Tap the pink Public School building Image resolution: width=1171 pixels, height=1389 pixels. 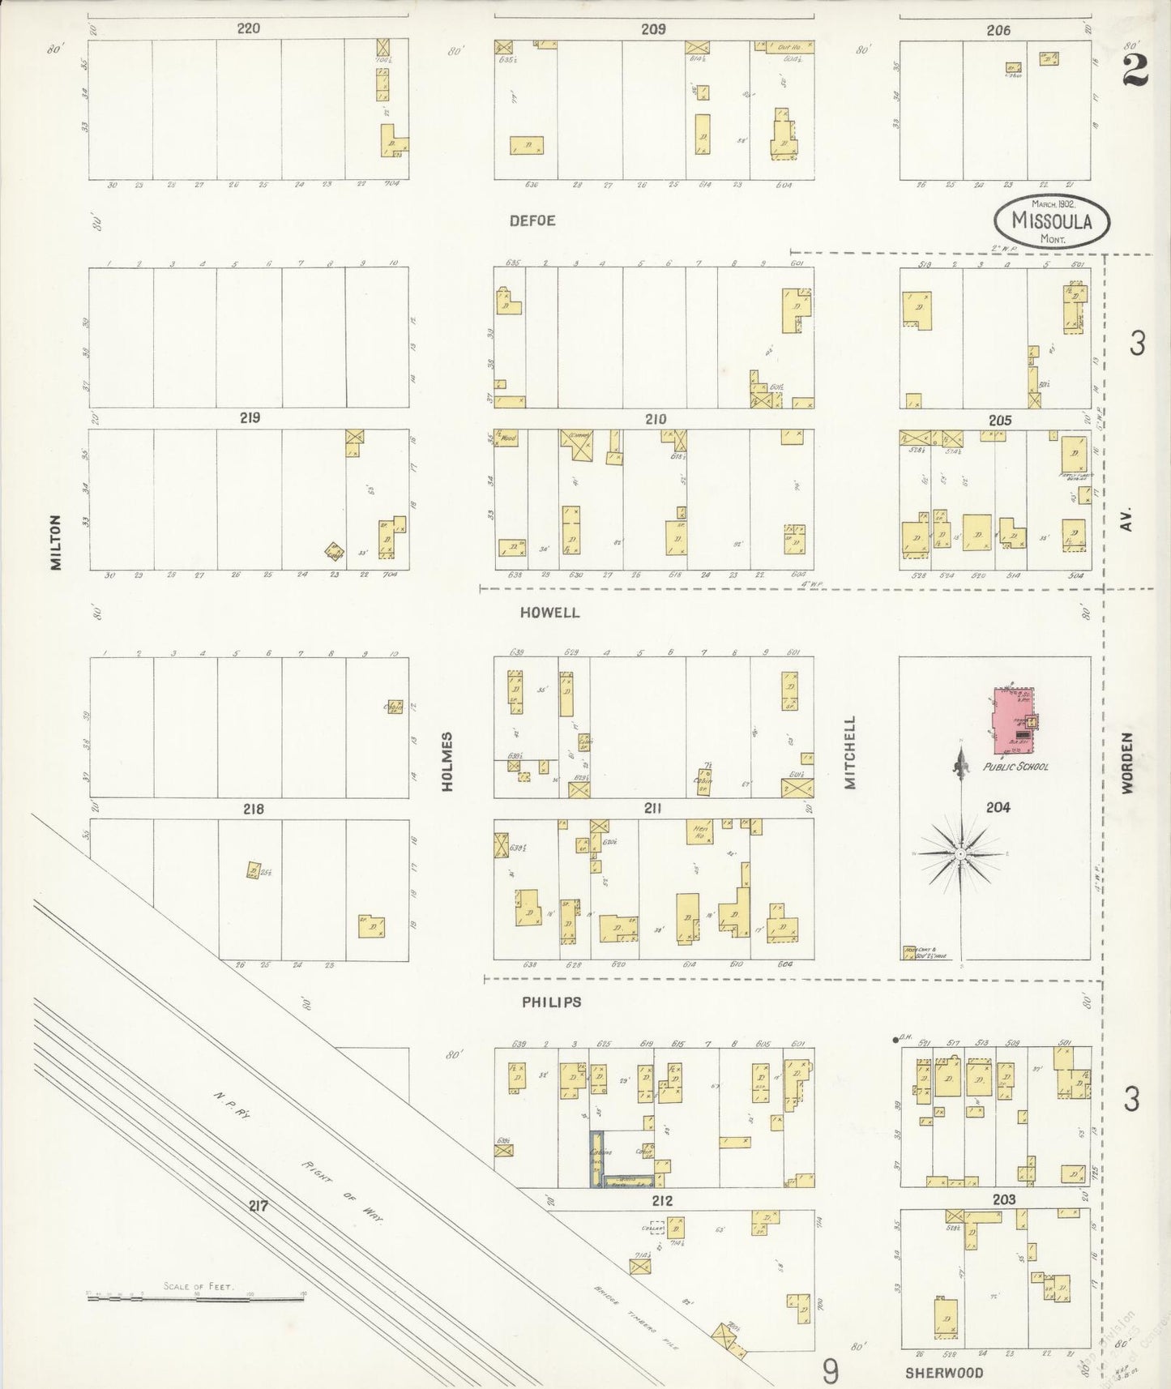[x=1012, y=721]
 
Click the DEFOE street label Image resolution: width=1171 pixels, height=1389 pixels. [x=532, y=220]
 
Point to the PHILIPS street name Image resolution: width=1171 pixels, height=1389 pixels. [x=551, y=1002]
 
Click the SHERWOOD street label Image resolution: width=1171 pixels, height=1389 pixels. [x=944, y=1372]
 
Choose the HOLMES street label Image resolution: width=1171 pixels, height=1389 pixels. [x=447, y=762]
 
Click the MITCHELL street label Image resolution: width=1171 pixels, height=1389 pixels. [x=849, y=751]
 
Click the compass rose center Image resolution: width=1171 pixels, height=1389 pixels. [x=959, y=853]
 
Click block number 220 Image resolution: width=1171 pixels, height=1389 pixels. [x=248, y=28]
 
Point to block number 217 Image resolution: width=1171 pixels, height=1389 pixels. [x=259, y=1206]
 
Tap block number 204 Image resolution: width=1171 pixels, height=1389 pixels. [x=998, y=807]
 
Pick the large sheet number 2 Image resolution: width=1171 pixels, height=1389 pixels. [x=1135, y=72]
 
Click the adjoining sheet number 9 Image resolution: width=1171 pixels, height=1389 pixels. [x=830, y=1372]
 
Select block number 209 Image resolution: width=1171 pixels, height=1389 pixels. [x=653, y=29]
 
